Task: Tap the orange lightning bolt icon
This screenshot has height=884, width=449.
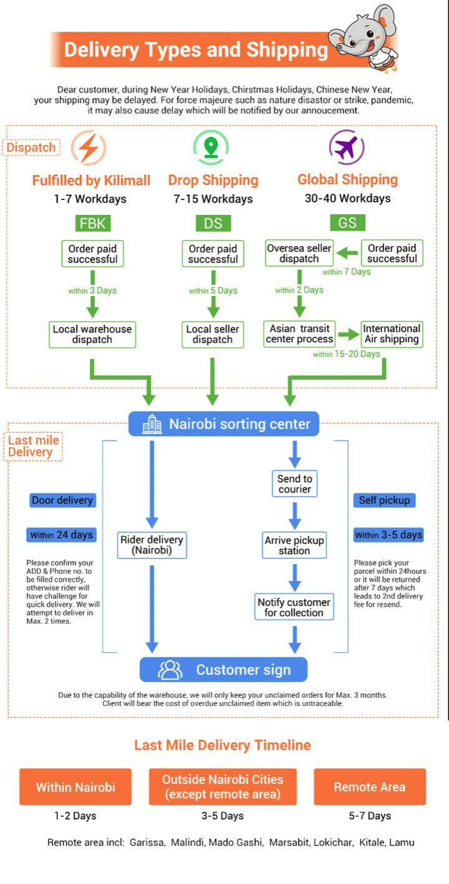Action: pos(89,148)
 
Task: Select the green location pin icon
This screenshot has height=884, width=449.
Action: pos(211,147)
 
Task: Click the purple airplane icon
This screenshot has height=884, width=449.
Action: pos(347,147)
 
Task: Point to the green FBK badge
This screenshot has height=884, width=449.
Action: pos(92,223)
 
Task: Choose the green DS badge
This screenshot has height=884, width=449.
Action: pos(213,223)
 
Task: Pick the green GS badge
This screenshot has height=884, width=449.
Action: pos(347,223)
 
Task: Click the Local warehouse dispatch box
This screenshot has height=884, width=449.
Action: pos(92,334)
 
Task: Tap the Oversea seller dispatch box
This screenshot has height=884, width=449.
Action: pos(299,253)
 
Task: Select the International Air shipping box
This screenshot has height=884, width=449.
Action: pos(392,334)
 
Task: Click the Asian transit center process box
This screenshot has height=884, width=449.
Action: pos(300,334)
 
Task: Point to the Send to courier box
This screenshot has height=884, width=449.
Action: pos(295,484)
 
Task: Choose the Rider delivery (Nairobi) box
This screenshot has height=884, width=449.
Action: pos(152,545)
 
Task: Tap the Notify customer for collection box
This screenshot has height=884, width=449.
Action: pos(294,607)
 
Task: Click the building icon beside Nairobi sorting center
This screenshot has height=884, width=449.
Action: pos(152,424)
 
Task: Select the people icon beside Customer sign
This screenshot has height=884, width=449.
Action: pos(170,670)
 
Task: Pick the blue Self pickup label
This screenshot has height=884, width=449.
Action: pos(384,500)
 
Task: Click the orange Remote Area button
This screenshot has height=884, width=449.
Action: pos(370,787)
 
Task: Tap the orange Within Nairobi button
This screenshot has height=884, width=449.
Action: pos(76,787)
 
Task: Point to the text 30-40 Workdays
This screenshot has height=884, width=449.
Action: pos(347,199)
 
